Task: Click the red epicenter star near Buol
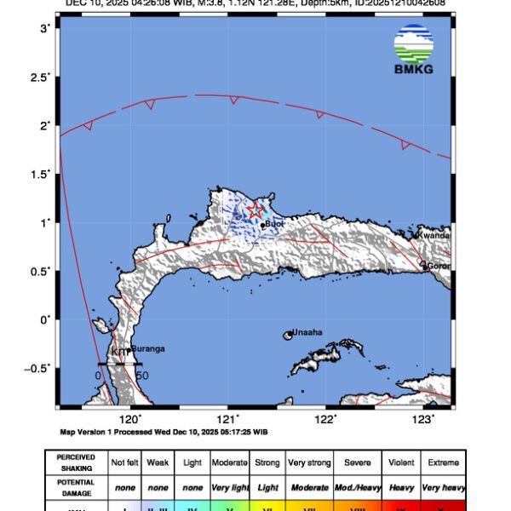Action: point(255,210)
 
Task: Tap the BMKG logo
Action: point(414,49)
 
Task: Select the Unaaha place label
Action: point(307,332)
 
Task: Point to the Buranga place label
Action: point(147,348)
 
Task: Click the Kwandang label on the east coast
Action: point(433,234)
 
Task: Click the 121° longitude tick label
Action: point(227,419)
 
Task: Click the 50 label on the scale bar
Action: point(142,375)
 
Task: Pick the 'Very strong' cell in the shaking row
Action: point(308,462)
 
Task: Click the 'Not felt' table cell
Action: point(124,462)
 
